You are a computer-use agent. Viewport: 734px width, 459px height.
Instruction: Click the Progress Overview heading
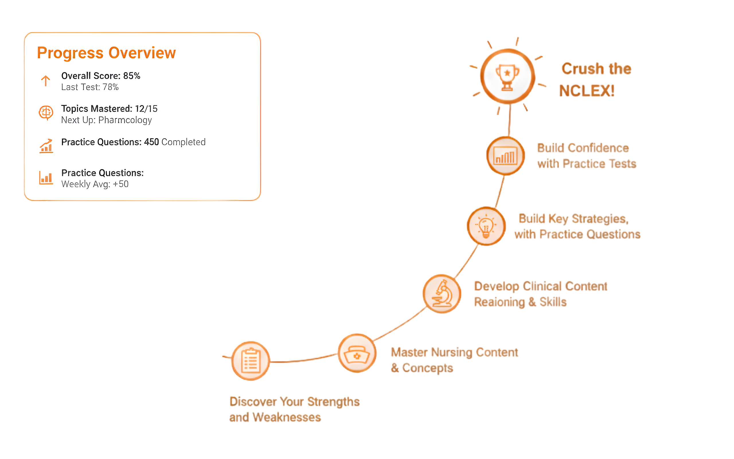pos(106,53)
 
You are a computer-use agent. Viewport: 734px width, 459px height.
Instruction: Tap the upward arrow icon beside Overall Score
pos(46,81)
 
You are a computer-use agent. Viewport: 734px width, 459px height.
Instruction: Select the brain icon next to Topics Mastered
pos(46,113)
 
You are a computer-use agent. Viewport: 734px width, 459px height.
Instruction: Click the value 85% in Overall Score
pos(132,76)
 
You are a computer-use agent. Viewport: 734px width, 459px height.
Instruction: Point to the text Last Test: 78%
pos(90,87)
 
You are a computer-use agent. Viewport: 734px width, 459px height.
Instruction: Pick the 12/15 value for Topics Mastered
pos(146,109)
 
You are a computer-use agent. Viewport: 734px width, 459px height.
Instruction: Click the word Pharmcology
pos(125,120)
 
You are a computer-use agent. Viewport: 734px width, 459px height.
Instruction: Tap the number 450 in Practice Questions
pos(151,142)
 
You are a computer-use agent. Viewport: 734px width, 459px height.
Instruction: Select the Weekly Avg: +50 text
pos(95,184)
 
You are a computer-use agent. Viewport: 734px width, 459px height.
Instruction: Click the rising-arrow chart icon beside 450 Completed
pos(46,146)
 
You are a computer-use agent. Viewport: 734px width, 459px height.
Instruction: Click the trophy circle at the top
pos(507,76)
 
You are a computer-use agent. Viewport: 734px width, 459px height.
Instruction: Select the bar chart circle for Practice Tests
pos(505,156)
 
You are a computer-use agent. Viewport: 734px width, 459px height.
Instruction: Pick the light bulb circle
pos(486,226)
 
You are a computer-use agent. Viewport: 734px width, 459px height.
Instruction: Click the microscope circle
pos(442,294)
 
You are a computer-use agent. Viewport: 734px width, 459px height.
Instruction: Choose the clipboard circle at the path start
pos(251,361)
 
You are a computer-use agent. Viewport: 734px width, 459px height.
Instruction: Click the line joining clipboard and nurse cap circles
pos(303,360)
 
